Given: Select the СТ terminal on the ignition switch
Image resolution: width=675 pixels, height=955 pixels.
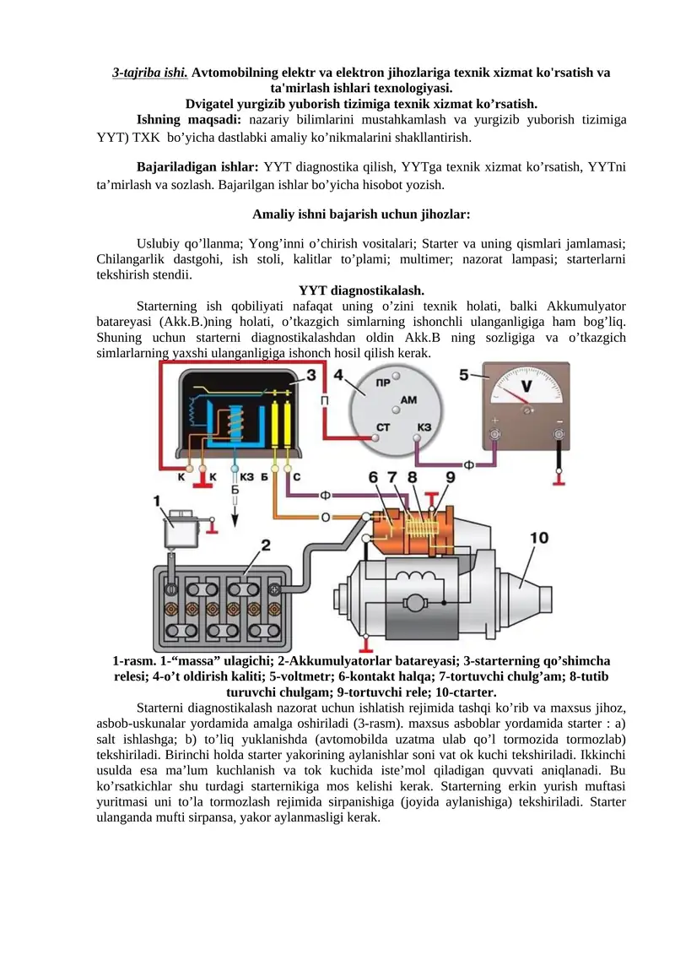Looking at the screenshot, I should [383, 427].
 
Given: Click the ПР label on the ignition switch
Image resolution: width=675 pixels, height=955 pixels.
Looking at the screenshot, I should [382, 383].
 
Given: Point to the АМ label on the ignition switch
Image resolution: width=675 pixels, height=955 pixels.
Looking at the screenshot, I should [408, 399].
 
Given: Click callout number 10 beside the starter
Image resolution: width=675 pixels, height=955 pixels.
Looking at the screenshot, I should [539, 537].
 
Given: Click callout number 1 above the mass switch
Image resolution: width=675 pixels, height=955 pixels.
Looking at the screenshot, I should [158, 502].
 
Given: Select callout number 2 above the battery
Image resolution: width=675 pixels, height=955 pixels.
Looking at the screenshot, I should [265, 546].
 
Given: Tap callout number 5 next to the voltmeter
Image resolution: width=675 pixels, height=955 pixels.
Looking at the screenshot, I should [465, 372].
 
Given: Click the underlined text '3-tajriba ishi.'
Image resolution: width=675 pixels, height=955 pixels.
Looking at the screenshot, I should [150, 73].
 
